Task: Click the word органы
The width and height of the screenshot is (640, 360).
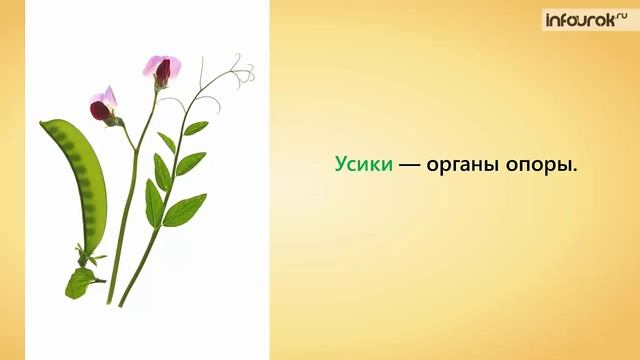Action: point(468,166)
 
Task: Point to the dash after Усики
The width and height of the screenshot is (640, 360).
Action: point(409,166)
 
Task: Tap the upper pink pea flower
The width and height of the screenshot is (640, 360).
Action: point(163,68)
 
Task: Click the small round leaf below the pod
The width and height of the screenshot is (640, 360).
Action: point(79,283)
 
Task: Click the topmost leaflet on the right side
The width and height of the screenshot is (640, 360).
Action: point(196,127)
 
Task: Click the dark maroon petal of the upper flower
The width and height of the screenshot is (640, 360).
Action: point(163,74)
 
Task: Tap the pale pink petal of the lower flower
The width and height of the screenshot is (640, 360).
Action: point(107,95)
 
